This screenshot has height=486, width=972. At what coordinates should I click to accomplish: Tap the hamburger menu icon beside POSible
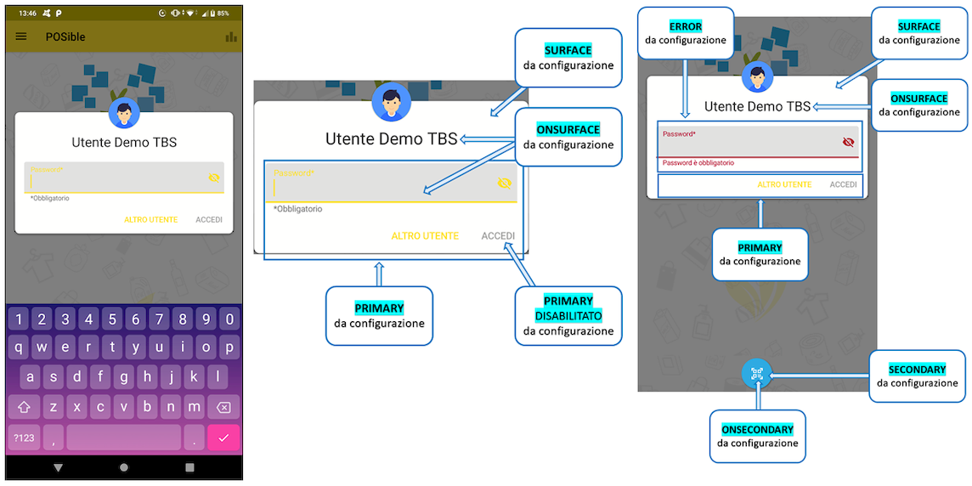[21, 37]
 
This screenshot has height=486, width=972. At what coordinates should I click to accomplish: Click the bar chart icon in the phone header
[230, 37]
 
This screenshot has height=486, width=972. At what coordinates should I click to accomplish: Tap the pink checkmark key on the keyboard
[223, 438]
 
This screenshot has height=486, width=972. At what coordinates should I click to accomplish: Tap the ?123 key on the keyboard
[24, 438]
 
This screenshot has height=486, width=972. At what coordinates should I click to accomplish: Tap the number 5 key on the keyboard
[111, 319]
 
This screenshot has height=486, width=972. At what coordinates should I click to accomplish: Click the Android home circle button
[124, 467]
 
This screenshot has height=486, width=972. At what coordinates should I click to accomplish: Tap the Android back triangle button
[58, 467]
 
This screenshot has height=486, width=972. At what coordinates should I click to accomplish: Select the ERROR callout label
[686, 26]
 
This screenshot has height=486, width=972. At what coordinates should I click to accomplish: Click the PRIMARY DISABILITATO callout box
[568, 315]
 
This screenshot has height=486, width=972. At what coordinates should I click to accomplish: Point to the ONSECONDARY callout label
[758, 430]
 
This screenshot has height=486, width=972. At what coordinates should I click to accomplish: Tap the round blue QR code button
[757, 373]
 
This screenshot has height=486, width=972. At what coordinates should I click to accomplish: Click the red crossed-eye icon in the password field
[848, 142]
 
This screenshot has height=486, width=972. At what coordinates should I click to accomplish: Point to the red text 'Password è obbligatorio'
[698, 162]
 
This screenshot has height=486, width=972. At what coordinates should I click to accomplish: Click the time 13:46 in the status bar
[27, 14]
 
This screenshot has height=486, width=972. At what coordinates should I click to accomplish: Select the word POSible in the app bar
[65, 37]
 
